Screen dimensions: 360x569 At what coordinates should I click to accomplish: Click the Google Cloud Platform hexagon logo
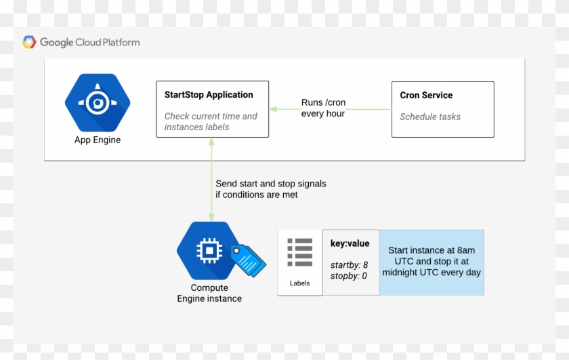(x=29, y=42)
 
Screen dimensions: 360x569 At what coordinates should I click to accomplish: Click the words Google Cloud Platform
(x=89, y=42)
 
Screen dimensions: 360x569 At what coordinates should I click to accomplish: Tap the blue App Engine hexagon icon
(x=98, y=103)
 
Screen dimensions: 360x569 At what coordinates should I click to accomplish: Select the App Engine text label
(x=98, y=140)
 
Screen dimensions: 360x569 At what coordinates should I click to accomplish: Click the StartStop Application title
(x=209, y=95)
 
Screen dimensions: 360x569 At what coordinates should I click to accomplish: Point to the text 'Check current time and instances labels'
(x=211, y=121)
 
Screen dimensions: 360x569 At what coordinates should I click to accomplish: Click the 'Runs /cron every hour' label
(x=323, y=108)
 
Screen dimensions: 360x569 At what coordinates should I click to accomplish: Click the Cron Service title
(x=426, y=95)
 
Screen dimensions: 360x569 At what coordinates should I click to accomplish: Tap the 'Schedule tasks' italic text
(x=430, y=117)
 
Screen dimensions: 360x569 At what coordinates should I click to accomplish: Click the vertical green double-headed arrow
(x=212, y=179)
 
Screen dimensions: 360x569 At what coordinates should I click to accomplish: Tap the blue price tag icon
(x=248, y=260)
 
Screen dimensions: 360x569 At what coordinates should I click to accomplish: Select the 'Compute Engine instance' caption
(x=209, y=293)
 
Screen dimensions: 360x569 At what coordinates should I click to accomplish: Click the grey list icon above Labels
(x=299, y=252)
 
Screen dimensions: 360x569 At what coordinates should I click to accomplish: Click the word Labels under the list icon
(x=299, y=283)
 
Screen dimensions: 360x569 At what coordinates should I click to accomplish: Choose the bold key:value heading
(x=350, y=243)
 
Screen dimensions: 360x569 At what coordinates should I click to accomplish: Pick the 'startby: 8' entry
(x=349, y=264)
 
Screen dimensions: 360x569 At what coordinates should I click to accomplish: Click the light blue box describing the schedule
(x=431, y=262)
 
